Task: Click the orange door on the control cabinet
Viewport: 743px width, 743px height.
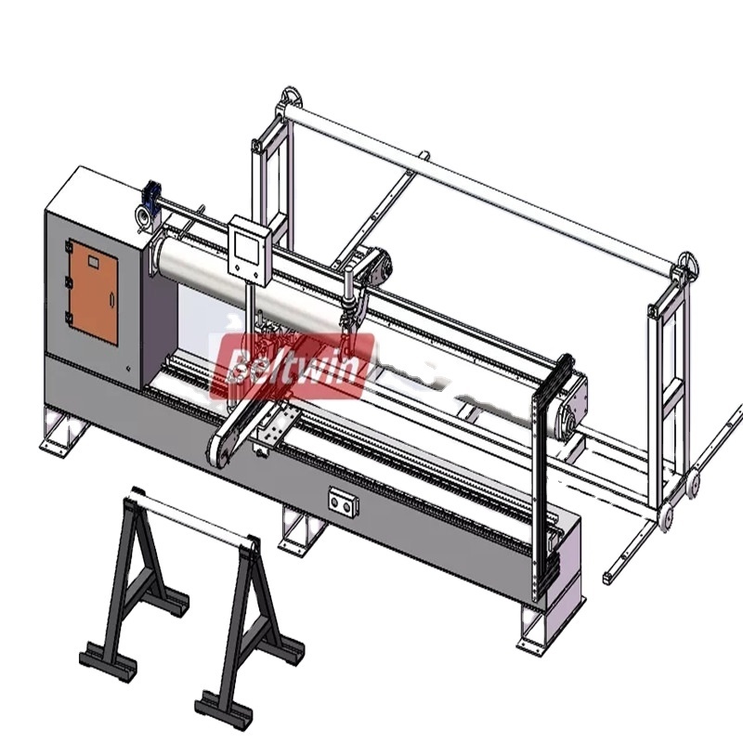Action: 94,292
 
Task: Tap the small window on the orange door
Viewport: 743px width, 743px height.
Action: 93,261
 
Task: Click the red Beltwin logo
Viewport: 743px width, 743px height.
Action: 293,365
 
